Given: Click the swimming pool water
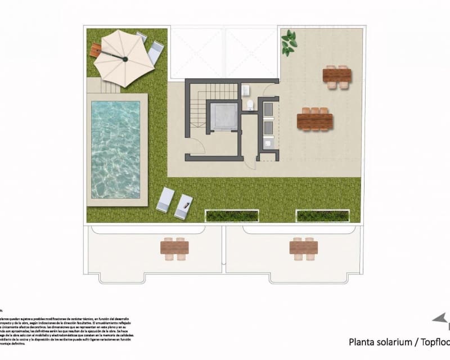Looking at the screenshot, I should pos(115,149).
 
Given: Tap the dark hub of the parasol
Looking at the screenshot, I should pos(124,58).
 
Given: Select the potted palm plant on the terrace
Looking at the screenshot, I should pos(289,42).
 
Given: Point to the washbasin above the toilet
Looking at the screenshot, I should pos(246,90).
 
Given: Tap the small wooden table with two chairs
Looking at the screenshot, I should pos(337,76).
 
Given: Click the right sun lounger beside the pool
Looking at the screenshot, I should pos(183,206).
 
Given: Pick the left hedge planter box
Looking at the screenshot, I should pos(232,215).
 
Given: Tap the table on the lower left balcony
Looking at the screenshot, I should pos(174,247).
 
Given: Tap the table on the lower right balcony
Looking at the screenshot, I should pos(304,247).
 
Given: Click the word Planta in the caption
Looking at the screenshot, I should pos(363,341).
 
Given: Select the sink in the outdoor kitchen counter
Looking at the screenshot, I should pos(268,143).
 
